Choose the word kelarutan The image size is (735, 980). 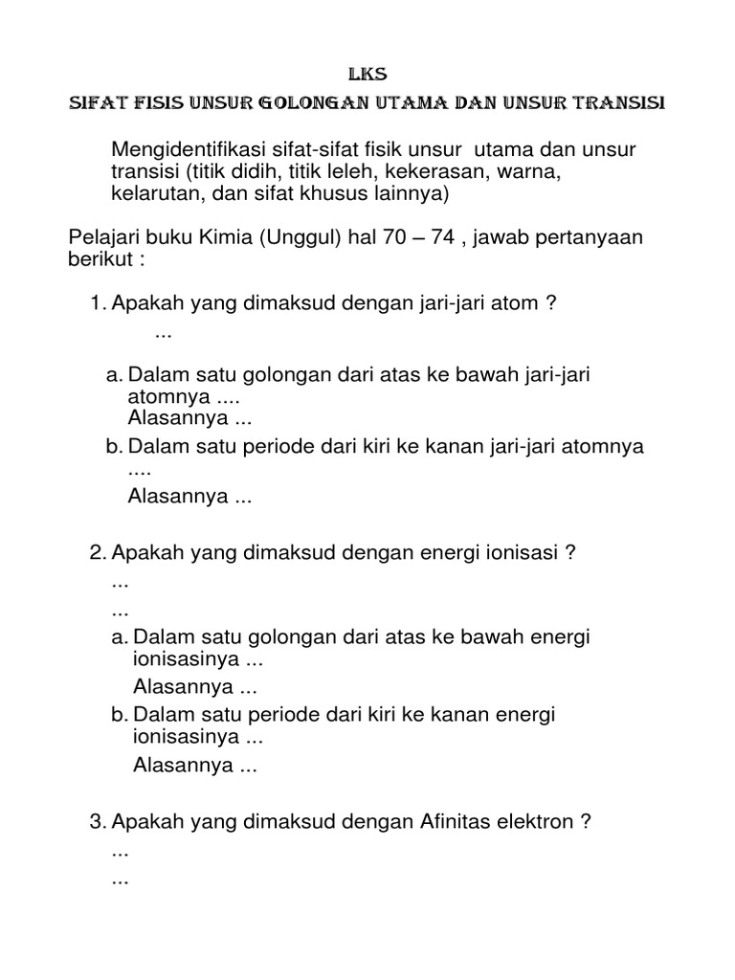tap(151, 194)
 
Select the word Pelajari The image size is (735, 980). tap(107, 237)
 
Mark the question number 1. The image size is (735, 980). tap(97, 304)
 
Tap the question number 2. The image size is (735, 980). tap(96, 552)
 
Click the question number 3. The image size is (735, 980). tap(96, 820)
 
